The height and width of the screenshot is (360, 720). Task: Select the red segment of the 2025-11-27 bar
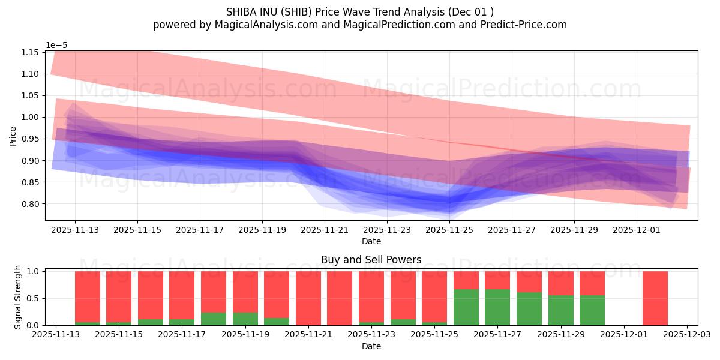tap(497, 280)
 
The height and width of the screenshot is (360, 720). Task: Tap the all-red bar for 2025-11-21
tap(308, 298)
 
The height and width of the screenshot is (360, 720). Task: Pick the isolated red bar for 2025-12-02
tap(655, 298)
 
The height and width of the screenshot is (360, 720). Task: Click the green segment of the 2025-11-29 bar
tap(560, 310)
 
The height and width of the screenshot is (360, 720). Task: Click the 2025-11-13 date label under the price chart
tap(75, 229)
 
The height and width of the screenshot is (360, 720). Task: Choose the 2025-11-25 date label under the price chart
tap(449, 229)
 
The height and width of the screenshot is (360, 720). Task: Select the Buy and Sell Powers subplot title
tap(371, 260)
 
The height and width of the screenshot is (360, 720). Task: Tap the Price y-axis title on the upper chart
tap(14, 136)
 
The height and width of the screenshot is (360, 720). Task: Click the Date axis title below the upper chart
tap(371, 241)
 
